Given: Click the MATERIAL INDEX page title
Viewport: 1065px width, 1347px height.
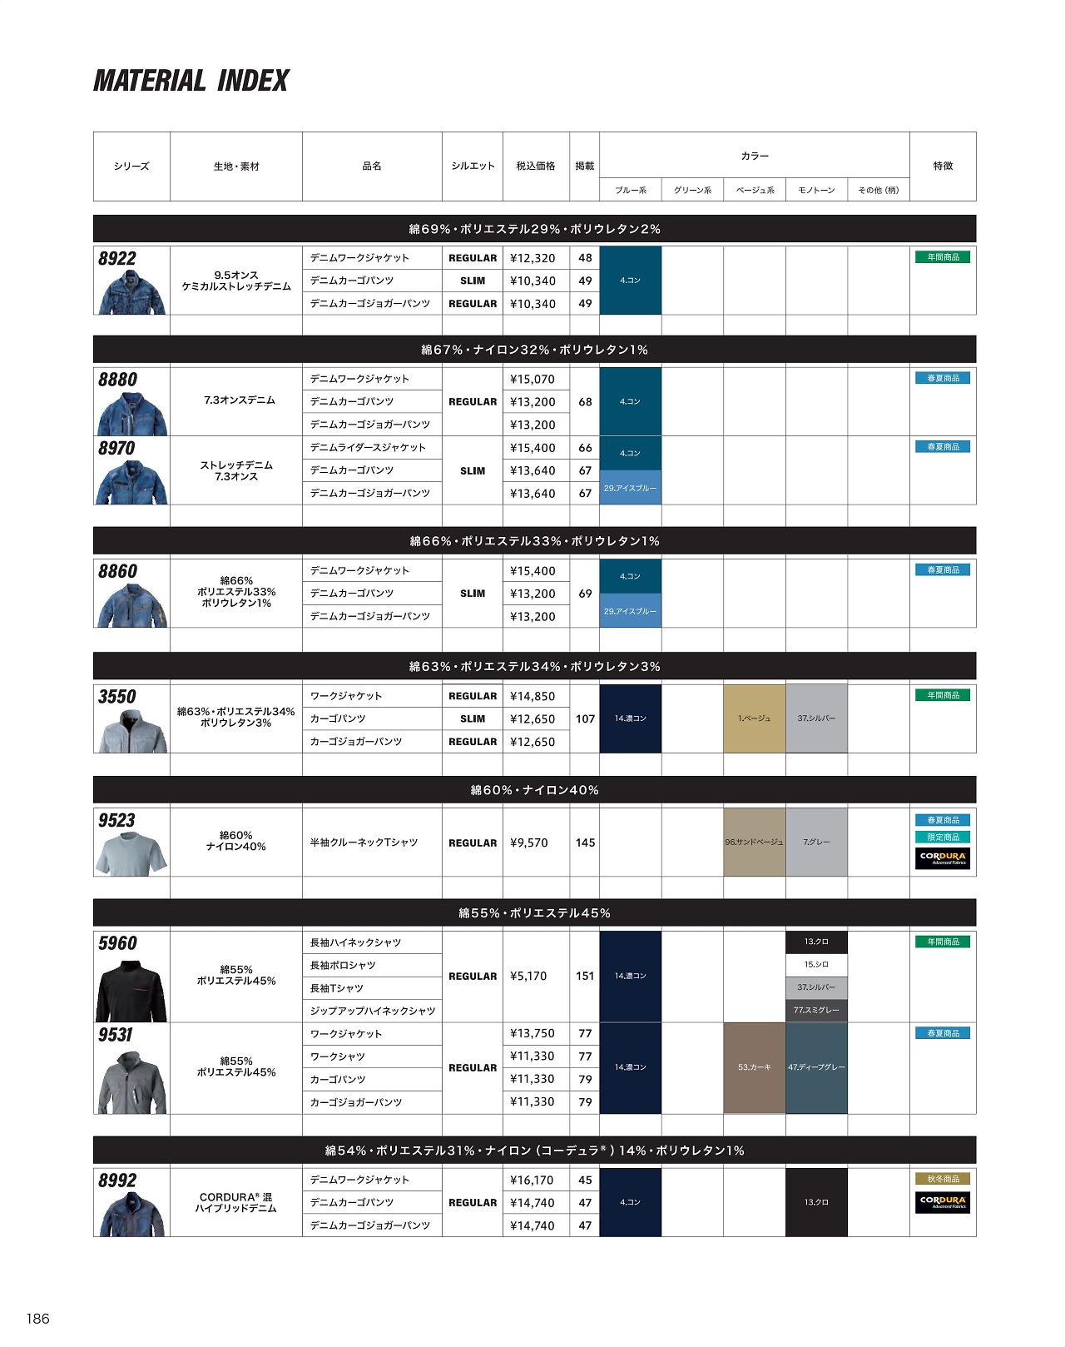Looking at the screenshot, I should coord(191,81).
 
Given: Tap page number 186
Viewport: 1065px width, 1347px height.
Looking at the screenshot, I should coord(38,1318).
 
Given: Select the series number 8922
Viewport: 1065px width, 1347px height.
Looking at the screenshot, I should coord(117,258).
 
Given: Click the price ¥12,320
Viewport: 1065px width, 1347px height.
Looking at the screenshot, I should coord(532,258).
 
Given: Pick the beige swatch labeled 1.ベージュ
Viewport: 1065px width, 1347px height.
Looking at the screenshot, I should coord(754,718).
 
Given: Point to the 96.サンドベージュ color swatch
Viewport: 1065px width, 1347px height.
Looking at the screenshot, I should coord(754,842).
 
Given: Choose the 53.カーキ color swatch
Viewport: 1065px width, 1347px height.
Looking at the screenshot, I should coord(754,1067).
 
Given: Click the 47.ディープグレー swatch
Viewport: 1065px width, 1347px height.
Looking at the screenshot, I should coord(816,1067).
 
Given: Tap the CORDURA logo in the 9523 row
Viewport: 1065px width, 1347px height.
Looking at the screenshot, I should coord(943,857).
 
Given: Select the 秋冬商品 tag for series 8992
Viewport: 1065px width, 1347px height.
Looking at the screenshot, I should coord(943,1179).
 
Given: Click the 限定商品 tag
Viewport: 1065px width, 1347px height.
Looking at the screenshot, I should coord(943,837).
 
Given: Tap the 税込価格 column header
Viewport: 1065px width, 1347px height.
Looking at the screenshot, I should coord(536,166).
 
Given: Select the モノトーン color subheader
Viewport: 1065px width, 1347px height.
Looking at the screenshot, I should coord(816,191).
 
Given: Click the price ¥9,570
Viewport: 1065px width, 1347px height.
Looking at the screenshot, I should coord(529,842).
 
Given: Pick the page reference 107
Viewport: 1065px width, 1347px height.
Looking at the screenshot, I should coord(585,718).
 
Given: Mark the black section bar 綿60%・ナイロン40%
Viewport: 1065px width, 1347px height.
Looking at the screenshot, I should coord(534,790).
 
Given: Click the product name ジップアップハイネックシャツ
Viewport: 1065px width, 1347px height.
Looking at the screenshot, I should coord(373,1011).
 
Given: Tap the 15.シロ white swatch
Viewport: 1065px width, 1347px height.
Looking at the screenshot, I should coord(816,965).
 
